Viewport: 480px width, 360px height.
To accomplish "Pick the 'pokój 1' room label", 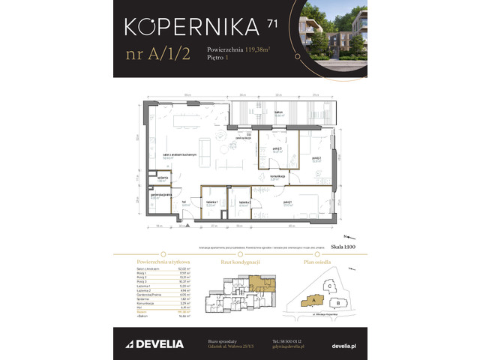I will coord(287,202).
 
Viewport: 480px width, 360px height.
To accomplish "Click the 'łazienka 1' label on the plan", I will coord(211,202).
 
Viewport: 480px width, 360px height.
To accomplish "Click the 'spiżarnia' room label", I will coord(162,178).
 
